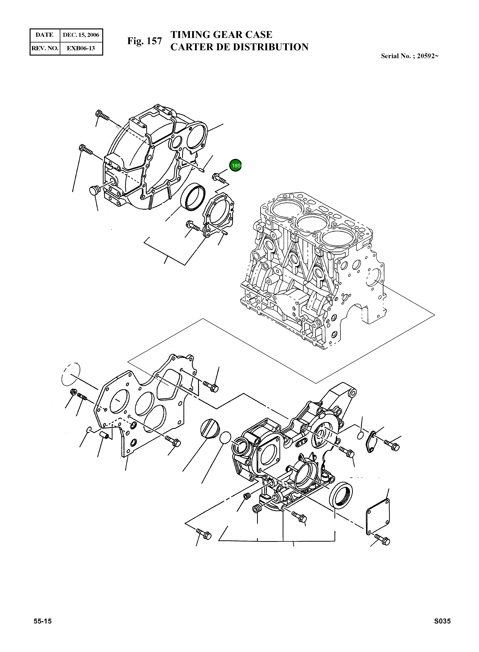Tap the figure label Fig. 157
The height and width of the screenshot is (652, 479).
click(x=144, y=41)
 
